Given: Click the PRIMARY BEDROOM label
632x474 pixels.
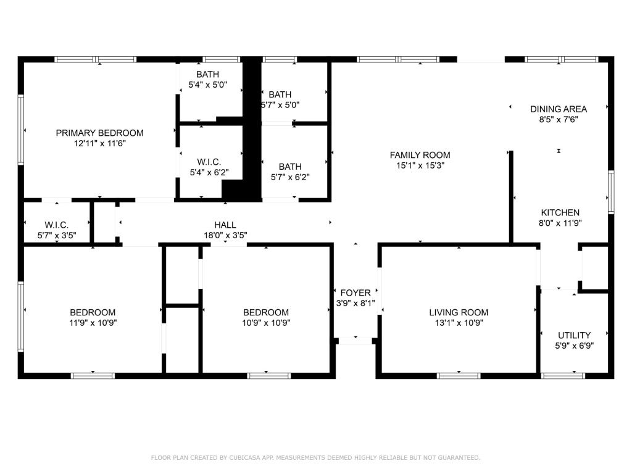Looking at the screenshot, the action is click(99, 133).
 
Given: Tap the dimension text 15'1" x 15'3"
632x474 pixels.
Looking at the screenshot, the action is click(420, 165).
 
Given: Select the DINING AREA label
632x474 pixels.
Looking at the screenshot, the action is click(558, 109).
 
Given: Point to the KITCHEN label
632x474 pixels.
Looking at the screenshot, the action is click(560, 213).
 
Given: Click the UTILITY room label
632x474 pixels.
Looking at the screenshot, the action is click(575, 335).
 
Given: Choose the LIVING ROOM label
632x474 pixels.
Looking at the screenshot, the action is click(459, 312).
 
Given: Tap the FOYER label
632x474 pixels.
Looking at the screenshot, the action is click(355, 293).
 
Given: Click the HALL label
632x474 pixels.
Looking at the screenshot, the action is click(225, 225).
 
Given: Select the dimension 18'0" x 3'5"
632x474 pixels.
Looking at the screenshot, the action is click(225, 235).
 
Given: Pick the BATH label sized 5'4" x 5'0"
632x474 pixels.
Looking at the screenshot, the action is click(207, 75).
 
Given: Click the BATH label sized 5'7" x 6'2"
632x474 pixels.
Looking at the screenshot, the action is click(290, 167).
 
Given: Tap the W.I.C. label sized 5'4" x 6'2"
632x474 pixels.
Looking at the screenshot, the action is click(209, 162).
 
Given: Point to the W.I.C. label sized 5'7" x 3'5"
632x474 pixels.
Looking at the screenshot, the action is click(57, 225).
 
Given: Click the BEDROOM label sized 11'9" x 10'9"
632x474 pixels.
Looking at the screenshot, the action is click(93, 312).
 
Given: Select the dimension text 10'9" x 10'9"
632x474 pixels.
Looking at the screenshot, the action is click(266, 323).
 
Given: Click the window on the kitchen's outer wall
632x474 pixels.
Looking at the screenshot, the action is click(611, 192).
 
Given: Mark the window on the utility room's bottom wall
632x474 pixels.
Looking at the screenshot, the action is click(563, 376).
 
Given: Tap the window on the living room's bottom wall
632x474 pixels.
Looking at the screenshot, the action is click(459, 376).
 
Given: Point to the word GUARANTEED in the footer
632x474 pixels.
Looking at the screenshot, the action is click(459, 457).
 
